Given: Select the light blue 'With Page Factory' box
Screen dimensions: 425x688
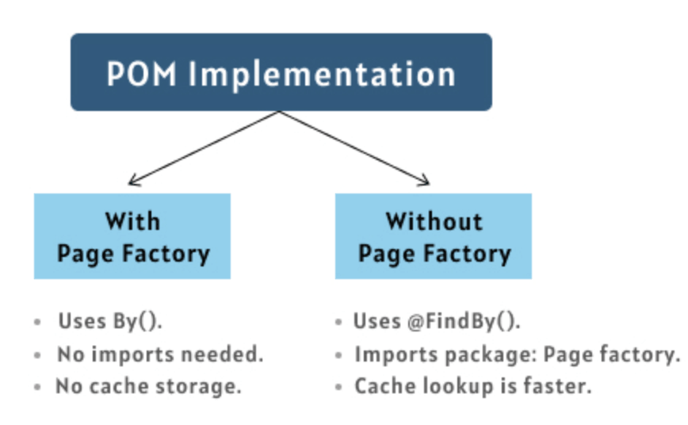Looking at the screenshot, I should [132, 236].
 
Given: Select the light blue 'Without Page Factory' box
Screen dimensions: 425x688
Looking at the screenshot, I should [433, 236].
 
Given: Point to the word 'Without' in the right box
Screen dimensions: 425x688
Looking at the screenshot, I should [434, 220].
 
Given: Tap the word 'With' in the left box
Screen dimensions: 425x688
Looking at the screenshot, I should [132, 220].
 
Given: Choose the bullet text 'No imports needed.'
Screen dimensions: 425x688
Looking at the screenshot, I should [159, 354].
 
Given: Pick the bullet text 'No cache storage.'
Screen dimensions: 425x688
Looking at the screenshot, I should [148, 386].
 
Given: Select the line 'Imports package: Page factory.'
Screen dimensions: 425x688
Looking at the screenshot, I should [516, 354].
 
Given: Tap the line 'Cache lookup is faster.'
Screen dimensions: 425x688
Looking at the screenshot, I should [472, 386].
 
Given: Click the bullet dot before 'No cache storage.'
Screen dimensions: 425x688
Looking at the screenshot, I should [38, 388].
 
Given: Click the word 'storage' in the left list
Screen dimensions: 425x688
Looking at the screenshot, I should [202, 387].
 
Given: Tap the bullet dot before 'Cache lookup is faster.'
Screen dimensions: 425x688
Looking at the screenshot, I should [338, 388].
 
